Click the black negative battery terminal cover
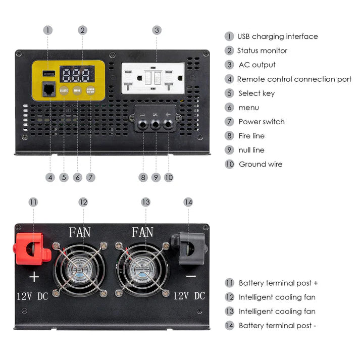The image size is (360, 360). pyautogui.click(x=189, y=247)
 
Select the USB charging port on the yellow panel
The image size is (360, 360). pyautogui.click(x=49, y=74)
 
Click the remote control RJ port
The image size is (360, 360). pyautogui.click(x=49, y=90)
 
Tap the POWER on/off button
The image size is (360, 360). pyautogui.click(x=91, y=90)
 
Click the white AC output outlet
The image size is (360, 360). pyautogui.click(x=152, y=78)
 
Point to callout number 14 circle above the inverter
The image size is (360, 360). pyautogui.click(x=188, y=202)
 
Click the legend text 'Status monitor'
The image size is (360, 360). pyautogui.click(x=262, y=50)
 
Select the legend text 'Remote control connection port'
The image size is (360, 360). pyautogui.click(x=294, y=79)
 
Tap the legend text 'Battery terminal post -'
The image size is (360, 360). pyautogui.click(x=277, y=326)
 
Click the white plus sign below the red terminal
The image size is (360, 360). pyautogui.click(x=34, y=277)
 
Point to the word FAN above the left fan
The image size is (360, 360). pyautogui.click(x=80, y=233)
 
